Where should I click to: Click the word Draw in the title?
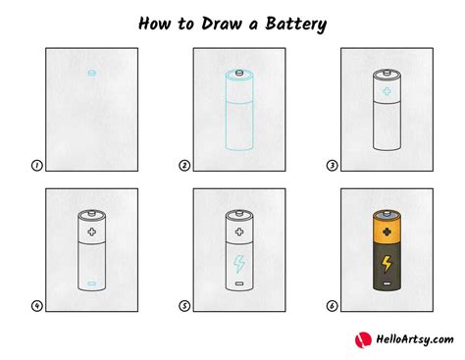215,21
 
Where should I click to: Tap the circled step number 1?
36,166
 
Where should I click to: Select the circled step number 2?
183,166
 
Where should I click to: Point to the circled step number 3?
331,166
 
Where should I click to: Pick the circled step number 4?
36,306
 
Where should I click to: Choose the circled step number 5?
183,306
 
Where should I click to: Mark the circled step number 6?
331,306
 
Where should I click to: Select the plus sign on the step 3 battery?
385,95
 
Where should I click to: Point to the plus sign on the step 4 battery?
90,234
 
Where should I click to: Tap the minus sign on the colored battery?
385,284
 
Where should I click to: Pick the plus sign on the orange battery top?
385,234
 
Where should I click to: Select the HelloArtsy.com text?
411,339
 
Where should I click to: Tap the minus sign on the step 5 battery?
237,284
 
